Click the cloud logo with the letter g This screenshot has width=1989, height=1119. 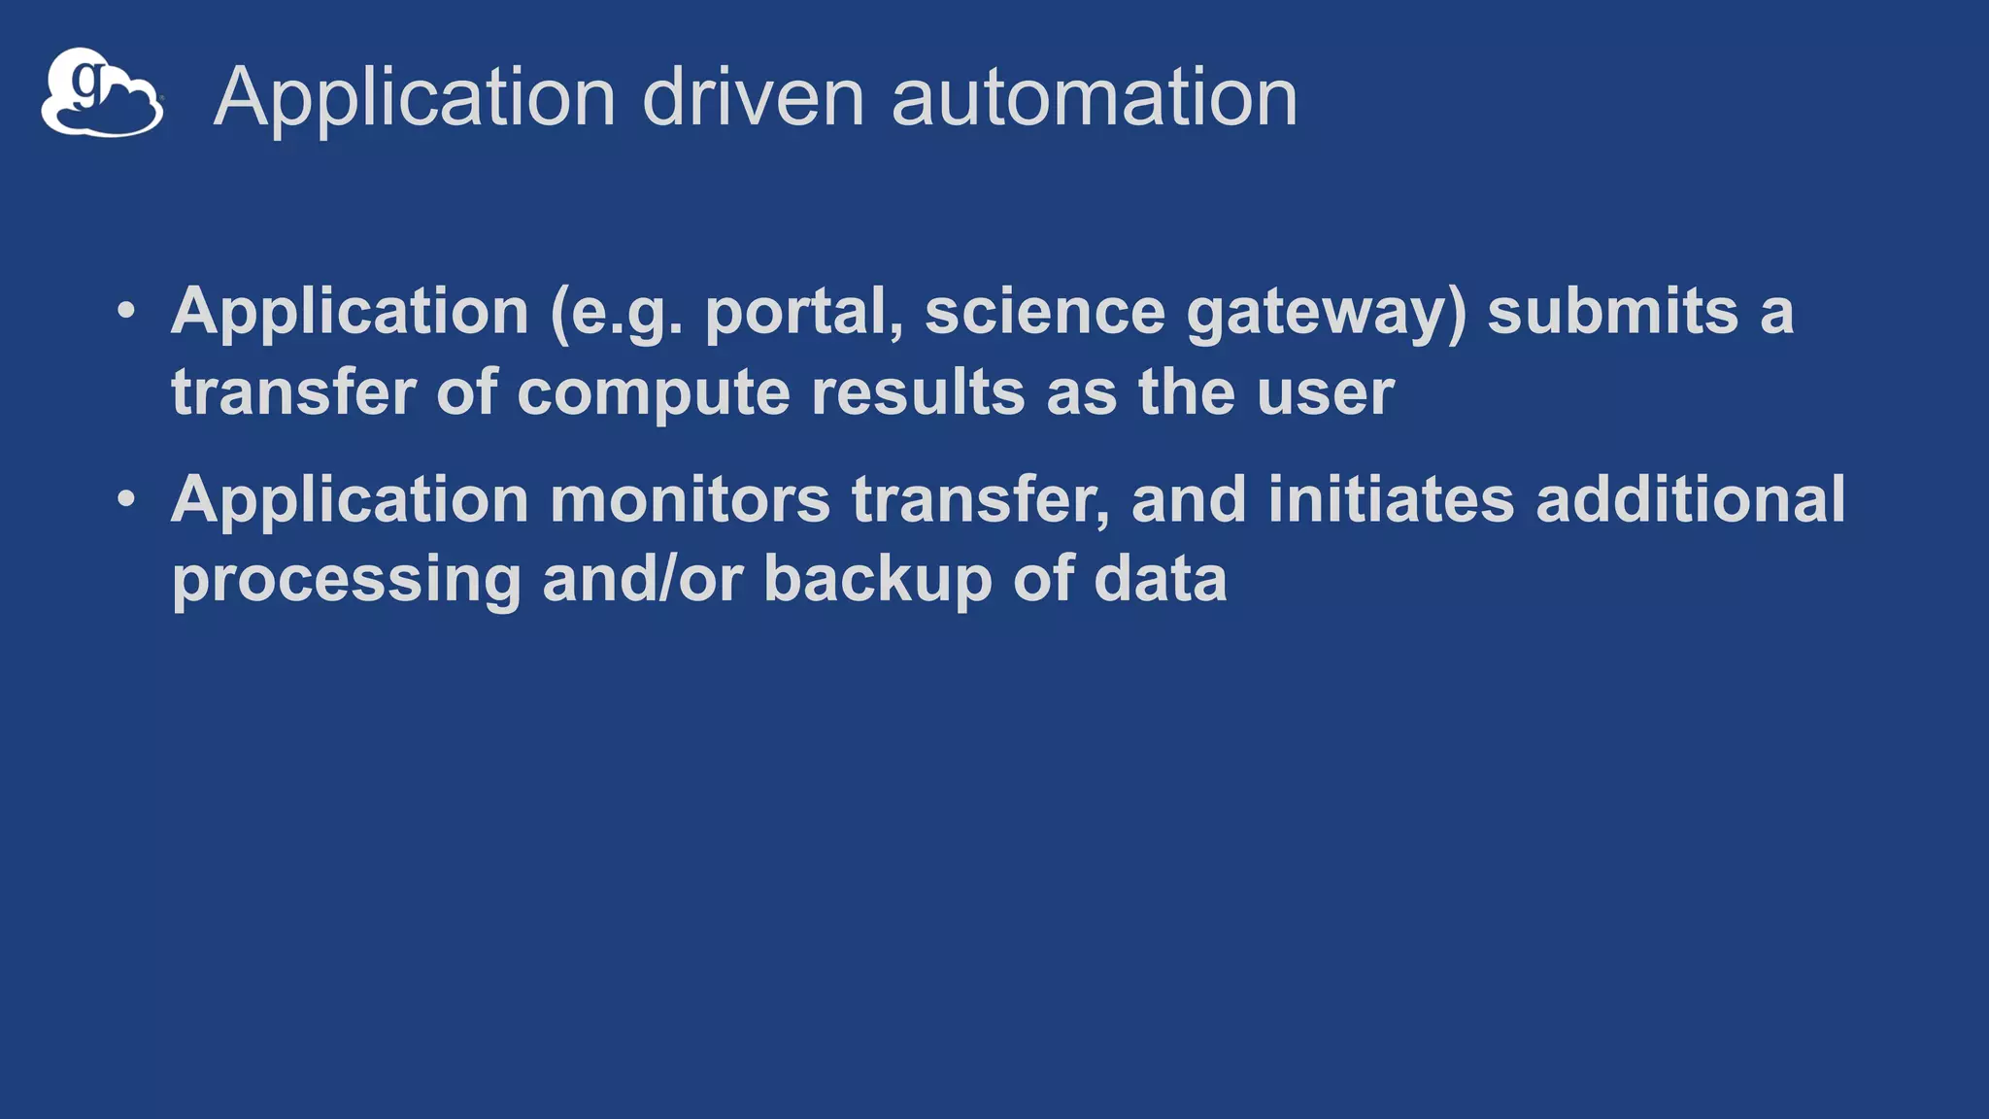click(x=102, y=93)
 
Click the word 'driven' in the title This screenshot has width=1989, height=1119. click(x=753, y=97)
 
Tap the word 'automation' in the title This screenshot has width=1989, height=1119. click(x=1094, y=97)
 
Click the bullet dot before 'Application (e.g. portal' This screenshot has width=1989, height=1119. click(x=126, y=312)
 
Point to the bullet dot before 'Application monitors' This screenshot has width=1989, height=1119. click(x=126, y=499)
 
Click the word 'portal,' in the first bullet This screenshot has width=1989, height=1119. click(x=803, y=314)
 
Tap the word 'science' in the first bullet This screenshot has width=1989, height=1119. click(x=1044, y=312)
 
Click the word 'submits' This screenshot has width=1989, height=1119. click(x=1612, y=312)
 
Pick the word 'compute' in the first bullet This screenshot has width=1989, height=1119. click(x=653, y=394)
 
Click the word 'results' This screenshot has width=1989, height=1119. click(x=918, y=392)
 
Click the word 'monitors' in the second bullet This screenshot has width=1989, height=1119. click(x=690, y=499)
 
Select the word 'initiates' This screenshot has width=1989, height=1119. click(x=1391, y=499)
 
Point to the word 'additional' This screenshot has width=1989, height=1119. click(x=1690, y=499)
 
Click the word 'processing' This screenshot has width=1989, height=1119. click(x=347, y=581)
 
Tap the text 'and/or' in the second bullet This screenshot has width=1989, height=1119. click(x=642, y=579)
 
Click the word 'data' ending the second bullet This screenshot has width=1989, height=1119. click(x=1161, y=579)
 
